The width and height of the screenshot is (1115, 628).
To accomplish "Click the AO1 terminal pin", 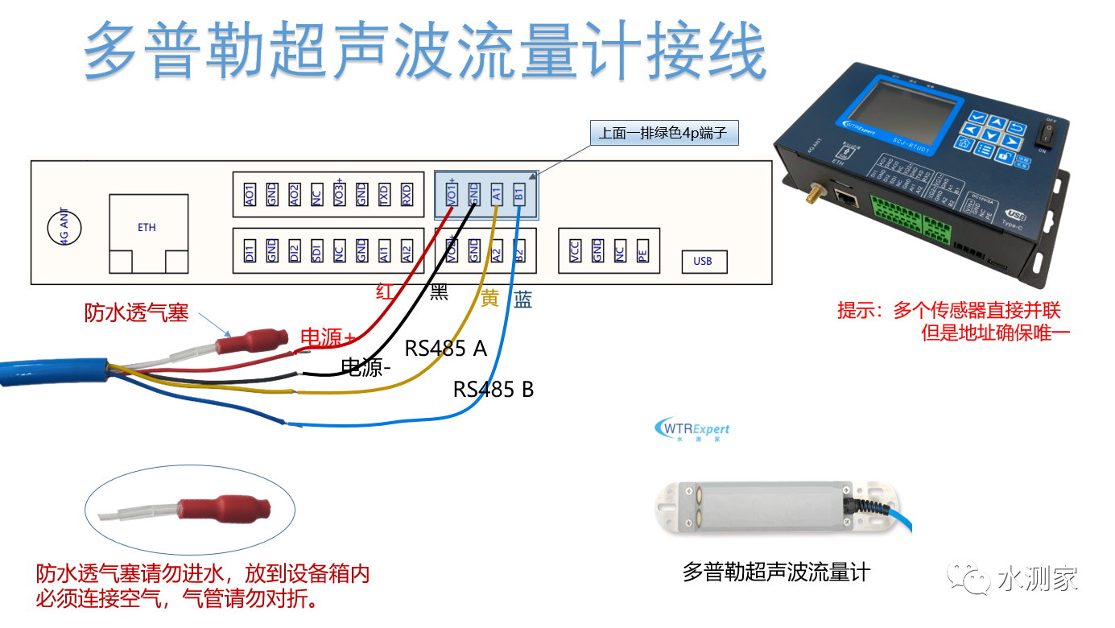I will [250, 193].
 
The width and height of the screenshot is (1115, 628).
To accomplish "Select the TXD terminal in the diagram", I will [384, 193].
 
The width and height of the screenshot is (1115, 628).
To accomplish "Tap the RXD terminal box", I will [407, 193].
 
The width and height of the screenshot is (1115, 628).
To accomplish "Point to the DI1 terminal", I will [250, 251].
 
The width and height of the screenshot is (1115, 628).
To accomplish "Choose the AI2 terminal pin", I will [407, 251].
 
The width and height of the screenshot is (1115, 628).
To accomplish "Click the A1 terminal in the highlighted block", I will [497, 193].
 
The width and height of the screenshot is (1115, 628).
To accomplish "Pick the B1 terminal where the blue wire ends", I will [519, 193].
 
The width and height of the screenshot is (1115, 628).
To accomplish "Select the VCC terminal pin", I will [575, 251].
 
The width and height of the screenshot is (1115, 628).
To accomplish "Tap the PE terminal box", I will [642, 251].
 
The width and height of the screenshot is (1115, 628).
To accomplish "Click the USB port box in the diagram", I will [702, 261].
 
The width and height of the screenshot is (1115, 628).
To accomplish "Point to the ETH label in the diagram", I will [147, 228].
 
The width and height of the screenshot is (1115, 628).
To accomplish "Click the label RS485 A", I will [445, 349].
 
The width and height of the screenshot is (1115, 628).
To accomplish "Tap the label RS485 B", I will [493, 390].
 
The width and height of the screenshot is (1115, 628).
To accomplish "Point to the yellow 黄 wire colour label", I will [489, 300].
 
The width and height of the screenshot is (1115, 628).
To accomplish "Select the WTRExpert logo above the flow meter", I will [693, 429].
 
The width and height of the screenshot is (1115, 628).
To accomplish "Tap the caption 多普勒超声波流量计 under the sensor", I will [776, 573].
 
